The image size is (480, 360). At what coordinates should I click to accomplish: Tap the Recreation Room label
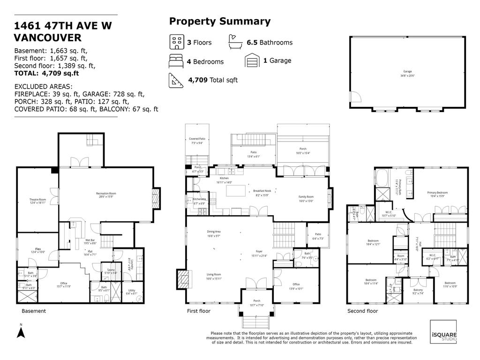point(106,194)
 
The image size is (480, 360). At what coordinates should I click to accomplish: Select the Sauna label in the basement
point(111,270)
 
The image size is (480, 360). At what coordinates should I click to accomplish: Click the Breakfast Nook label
point(262,191)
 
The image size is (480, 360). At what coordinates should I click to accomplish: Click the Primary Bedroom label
point(437,193)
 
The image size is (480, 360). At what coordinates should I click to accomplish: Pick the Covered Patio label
point(197,139)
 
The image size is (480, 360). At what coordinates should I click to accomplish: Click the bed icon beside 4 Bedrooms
point(176,61)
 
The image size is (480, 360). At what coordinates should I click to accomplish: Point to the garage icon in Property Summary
point(252,60)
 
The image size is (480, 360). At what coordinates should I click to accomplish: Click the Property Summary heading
point(219,22)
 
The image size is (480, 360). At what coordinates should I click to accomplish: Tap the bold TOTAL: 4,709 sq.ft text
point(46,73)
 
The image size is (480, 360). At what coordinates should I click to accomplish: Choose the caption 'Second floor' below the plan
point(362,311)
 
